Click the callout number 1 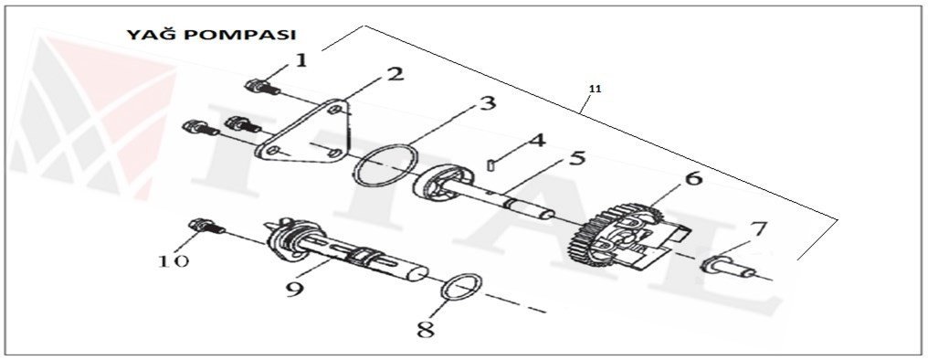pyautogui.click(x=301, y=61)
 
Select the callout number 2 pyautogui.click(x=395, y=74)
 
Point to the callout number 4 pyautogui.click(x=537, y=141)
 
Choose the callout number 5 pyautogui.click(x=576, y=159)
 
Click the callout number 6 pyautogui.click(x=695, y=180)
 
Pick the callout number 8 pyautogui.click(x=425, y=328)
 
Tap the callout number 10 pyautogui.click(x=174, y=259)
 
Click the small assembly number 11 pyautogui.click(x=595, y=89)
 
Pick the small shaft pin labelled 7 pyautogui.click(x=728, y=268)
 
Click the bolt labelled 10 pyautogui.click(x=202, y=228)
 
